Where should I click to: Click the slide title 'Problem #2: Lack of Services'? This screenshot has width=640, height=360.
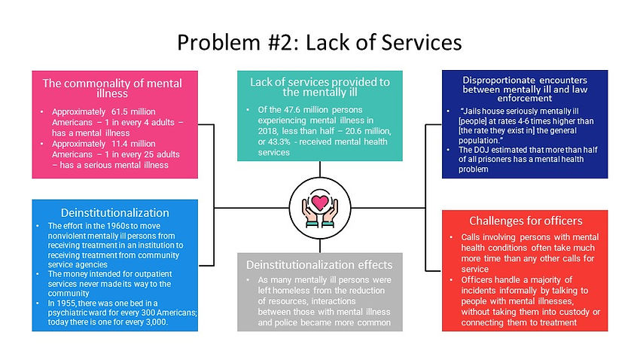point(318,42)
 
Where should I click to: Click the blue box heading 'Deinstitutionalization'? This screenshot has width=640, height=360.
point(115,213)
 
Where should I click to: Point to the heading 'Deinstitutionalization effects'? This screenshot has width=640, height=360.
point(319,264)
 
